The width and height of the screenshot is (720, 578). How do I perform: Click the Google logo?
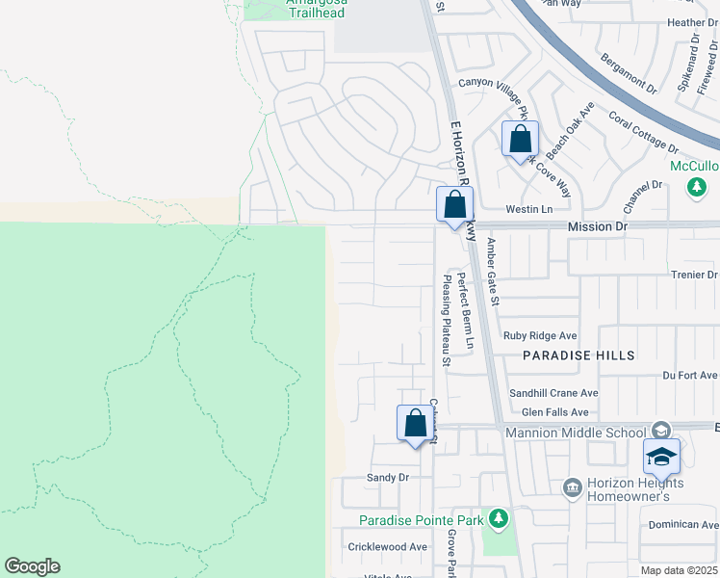[x=32, y=566]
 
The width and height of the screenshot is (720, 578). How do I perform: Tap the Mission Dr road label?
[x=597, y=226]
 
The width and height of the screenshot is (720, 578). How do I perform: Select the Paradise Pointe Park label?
[x=421, y=520]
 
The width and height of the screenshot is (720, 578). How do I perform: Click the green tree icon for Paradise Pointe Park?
[x=498, y=520]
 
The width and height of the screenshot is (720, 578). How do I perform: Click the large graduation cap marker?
[x=661, y=458]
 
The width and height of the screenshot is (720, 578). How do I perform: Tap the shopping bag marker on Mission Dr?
[x=454, y=205]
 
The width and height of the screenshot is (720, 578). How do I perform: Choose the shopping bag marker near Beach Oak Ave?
[x=520, y=140]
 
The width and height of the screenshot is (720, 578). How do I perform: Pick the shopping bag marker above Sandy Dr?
[x=415, y=424]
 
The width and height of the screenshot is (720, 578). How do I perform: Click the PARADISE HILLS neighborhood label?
[x=579, y=355]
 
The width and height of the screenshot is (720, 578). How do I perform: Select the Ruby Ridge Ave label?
[x=540, y=336]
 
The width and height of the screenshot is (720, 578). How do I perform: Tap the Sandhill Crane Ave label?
[x=553, y=393]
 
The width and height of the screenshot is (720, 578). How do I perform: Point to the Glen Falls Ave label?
[x=548, y=411]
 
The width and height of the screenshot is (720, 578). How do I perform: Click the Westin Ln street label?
[x=530, y=209]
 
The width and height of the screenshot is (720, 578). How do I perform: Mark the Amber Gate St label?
[x=492, y=272]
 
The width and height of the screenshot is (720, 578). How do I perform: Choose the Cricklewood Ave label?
[x=388, y=546]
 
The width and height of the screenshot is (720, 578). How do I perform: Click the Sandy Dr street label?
[x=388, y=477]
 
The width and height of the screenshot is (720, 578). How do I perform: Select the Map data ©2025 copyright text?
[x=678, y=570]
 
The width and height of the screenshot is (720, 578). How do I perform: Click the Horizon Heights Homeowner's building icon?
[x=572, y=488]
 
